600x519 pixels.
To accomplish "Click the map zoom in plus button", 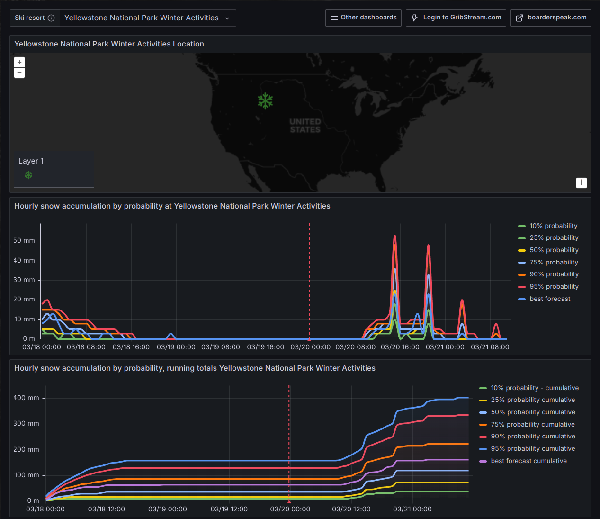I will coord(19,62).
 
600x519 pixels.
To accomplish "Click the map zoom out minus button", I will coord(19,73).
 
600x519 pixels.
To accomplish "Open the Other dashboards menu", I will coord(363,18).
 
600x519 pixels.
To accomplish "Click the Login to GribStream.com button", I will coord(456,18).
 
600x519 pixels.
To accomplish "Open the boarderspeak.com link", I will coord(551,18).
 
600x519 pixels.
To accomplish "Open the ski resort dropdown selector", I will coord(147,18).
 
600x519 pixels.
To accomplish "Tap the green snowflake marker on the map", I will coord(265,100).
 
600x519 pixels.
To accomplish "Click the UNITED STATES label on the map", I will coord(305,126).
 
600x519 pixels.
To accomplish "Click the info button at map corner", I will coord(581,183).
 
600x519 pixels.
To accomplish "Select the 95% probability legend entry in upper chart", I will coord(554,286).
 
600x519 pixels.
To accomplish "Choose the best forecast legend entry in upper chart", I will coord(550,299).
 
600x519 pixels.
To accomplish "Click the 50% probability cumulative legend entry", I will coord(533,412).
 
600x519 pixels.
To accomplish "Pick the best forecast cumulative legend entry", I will coord(528,461).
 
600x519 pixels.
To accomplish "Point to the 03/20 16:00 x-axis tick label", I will coord(400,347).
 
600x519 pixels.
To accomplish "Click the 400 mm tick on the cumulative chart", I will coord(27,398).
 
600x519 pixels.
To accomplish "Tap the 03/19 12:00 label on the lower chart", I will coord(229,509).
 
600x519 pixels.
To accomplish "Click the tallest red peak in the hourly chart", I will coord(394,236).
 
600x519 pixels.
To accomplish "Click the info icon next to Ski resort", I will coord(51,18).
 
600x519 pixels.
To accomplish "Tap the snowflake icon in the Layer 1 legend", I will coord(28,175).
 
